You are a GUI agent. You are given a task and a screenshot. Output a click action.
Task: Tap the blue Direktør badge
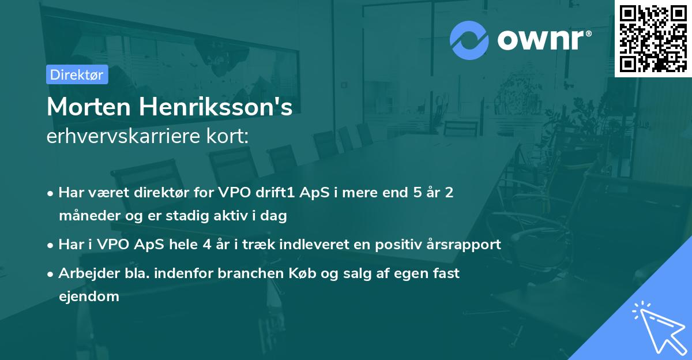point(77,74)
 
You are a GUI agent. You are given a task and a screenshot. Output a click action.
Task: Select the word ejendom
point(89,297)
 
